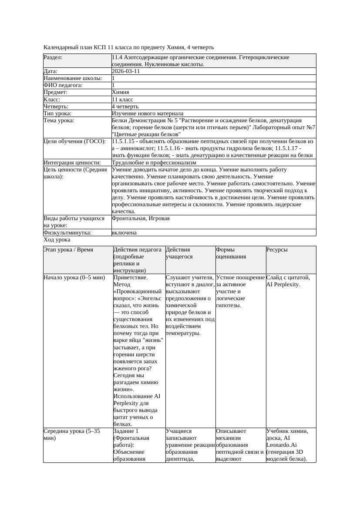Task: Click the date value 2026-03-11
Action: tap(126, 71)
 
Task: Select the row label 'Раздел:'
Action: tap(53, 57)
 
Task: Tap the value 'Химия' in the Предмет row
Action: tap(120, 92)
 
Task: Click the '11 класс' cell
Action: tap(122, 99)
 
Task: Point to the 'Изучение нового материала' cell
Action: tap(147, 113)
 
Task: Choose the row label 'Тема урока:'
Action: tap(59, 120)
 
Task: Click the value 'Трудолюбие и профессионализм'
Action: tap(154, 162)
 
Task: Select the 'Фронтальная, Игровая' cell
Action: tap(141, 218)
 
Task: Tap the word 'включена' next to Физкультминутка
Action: tap(124, 232)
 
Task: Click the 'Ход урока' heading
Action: tap(57, 240)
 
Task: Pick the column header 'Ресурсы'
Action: tap(277, 250)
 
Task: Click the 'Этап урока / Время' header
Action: tap(68, 250)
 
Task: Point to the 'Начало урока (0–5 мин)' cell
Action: tap(74, 278)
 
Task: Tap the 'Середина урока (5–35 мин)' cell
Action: tap(72, 435)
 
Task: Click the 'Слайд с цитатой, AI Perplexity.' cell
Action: tap(288, 281)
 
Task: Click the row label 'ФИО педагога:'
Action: tap(64, 85)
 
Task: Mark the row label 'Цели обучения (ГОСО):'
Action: tap(74, 141)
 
